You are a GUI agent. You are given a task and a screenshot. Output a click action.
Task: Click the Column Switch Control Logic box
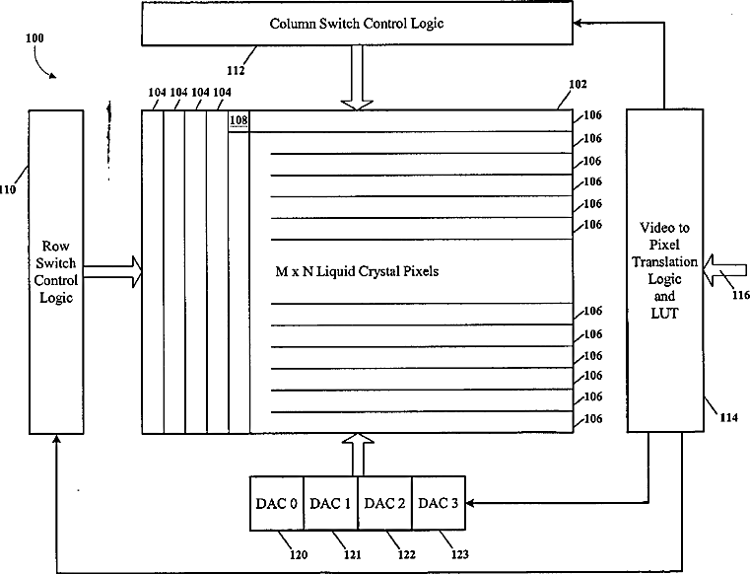point(357,23)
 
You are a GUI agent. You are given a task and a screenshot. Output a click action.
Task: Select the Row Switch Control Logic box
point(58,270)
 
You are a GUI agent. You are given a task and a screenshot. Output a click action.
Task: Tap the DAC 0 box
point(277,504)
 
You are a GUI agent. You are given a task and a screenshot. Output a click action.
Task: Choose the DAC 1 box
point(330,504)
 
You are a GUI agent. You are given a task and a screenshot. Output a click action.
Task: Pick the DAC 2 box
point(383,504)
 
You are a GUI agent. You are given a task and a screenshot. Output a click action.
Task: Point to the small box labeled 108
point(239,121)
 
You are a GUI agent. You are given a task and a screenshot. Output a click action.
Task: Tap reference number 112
point(234,70)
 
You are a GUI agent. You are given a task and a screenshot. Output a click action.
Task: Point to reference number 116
point(738,294)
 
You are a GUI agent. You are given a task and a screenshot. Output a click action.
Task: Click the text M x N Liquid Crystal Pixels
point(357,271)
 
